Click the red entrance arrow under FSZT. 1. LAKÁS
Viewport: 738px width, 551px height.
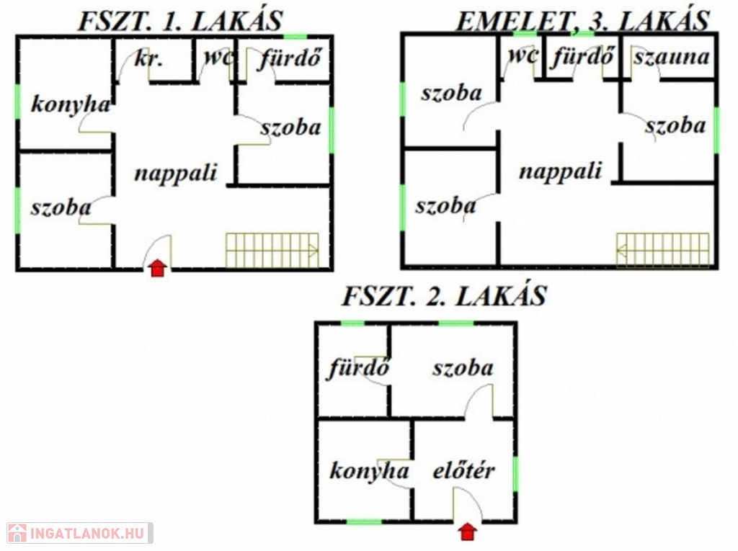tap(158, 268)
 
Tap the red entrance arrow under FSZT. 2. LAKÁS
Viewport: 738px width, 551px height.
tap(467, 532)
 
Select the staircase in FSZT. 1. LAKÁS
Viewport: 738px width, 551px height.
tap(272, 251)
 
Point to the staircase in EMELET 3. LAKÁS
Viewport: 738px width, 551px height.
tap(663, 251)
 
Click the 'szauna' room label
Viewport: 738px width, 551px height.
tap(671, 58)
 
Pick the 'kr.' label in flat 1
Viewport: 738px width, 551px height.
tap(148, 59)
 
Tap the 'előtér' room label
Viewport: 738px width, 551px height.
tap(463, 471)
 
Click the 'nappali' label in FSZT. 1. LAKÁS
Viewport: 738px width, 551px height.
tap(176, 174)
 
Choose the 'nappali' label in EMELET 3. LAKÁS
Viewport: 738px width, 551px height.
tap(561, 171)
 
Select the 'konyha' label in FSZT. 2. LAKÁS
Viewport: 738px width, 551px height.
tap(370, 472)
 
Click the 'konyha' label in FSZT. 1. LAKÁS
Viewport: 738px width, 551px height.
tap(71, 104)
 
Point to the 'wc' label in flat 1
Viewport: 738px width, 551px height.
tap(218, 58)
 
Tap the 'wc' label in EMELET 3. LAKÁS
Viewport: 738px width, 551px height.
tap(523, 55)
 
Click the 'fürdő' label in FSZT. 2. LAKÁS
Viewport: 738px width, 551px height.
tap(359, 367)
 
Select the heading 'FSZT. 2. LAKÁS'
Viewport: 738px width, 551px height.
tap(444, 297)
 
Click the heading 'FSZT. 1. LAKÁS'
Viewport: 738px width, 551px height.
tap(180, 22)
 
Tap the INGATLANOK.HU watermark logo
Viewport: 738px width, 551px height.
tap(79, 534)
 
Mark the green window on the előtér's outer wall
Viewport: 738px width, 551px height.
tap(515, 474)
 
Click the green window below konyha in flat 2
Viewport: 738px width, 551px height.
tap(364, 521)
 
